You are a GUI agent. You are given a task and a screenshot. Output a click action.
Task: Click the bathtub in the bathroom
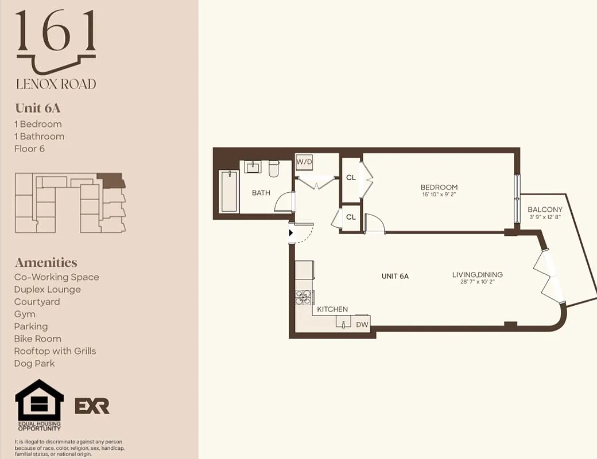[x=229, y=191]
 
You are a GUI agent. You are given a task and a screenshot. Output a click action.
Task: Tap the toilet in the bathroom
[x=273, y=168]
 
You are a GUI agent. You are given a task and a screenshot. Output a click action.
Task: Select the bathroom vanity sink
[x=253, y=167]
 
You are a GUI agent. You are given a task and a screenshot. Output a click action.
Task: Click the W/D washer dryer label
[x=304, y=161]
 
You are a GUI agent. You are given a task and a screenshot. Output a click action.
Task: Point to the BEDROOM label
[x=439, y=187]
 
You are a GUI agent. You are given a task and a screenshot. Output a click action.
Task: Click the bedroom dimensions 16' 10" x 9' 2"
[x=439, y=195]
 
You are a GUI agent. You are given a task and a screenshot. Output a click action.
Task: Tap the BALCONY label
[x=545, y=209]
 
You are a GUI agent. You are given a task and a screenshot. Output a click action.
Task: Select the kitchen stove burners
[x=303, y=297]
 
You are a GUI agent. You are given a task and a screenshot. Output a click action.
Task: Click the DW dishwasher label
[x=362, y=325]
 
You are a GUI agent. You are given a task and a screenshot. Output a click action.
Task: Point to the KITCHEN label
[x=332, y=309]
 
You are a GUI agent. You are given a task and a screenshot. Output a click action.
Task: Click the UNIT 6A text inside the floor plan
[x=395, y=276]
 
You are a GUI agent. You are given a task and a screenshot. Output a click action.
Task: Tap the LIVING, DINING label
[x=477, y=275]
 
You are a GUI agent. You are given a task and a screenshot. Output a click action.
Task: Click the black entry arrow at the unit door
[x=291, y=233]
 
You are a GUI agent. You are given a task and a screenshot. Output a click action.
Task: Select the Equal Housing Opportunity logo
[x=39, y=404]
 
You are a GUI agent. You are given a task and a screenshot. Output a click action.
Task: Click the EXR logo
[x=92, y=406]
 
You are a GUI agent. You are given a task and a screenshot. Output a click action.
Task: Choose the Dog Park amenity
[x=34, y=363]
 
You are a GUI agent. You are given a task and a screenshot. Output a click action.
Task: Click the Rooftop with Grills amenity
[x=55, y=351]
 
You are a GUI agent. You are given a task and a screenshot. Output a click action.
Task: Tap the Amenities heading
[x=46, y=262]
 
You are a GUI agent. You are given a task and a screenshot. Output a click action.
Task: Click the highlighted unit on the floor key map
[x=111, y=181]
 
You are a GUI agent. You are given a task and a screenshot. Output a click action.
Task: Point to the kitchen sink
[x=343, y=324]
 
